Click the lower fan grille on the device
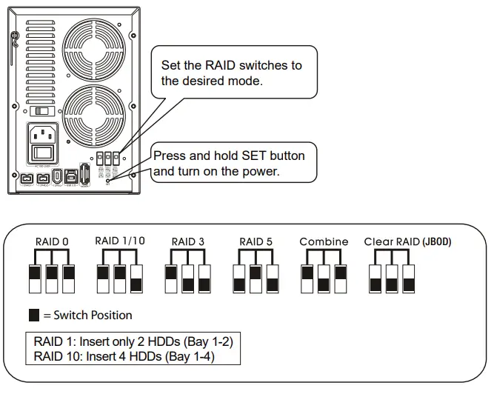coord(93,116)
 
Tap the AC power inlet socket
coord(41,136)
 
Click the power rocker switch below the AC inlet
coord(41,154)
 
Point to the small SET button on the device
coord(109,180)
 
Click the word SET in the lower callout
coord(240,156)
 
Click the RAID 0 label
coord(51,241)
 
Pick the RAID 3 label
coord(187,241)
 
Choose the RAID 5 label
coord(256,241)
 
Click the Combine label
coord(324,241)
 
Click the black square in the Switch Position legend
coord(34,315)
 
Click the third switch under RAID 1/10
coord(136,278)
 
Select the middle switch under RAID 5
coord(256,278)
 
